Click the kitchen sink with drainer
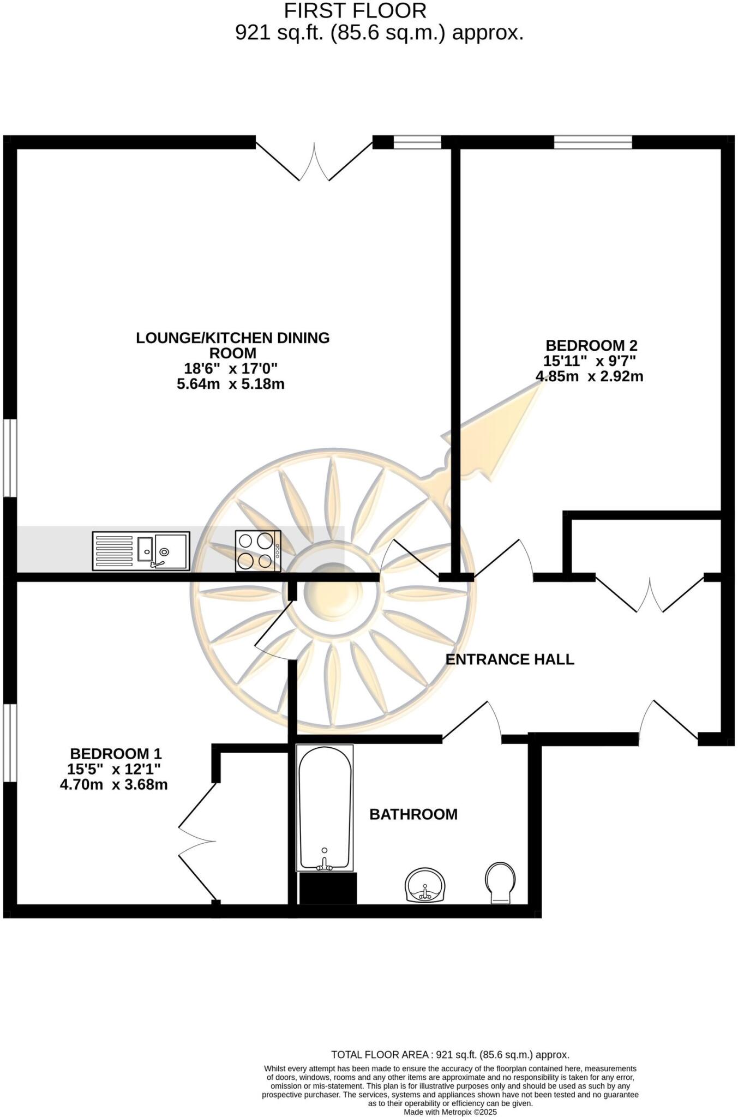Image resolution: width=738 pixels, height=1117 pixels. [141, 551]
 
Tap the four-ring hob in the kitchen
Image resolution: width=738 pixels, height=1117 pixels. [258, 551]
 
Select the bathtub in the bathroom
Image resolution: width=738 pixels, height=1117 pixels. [325, 808]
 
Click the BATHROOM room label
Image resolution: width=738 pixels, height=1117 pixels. [413, 814]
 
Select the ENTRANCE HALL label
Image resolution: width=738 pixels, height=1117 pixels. [510, 659]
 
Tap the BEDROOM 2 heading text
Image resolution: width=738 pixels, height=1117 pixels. [591, 345]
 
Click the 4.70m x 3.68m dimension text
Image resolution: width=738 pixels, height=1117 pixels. [113, 785]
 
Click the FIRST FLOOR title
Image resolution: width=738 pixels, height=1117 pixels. [355, 11]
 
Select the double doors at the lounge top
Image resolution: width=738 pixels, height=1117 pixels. [314, 161]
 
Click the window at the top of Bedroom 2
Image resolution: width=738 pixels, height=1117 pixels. [593, 142]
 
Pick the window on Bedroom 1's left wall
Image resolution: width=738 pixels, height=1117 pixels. [10, 743]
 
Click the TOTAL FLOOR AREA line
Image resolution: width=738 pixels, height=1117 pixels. [450, 1055]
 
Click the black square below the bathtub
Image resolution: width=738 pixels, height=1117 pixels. [328, 888]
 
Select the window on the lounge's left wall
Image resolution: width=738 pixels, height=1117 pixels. [10, 458]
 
